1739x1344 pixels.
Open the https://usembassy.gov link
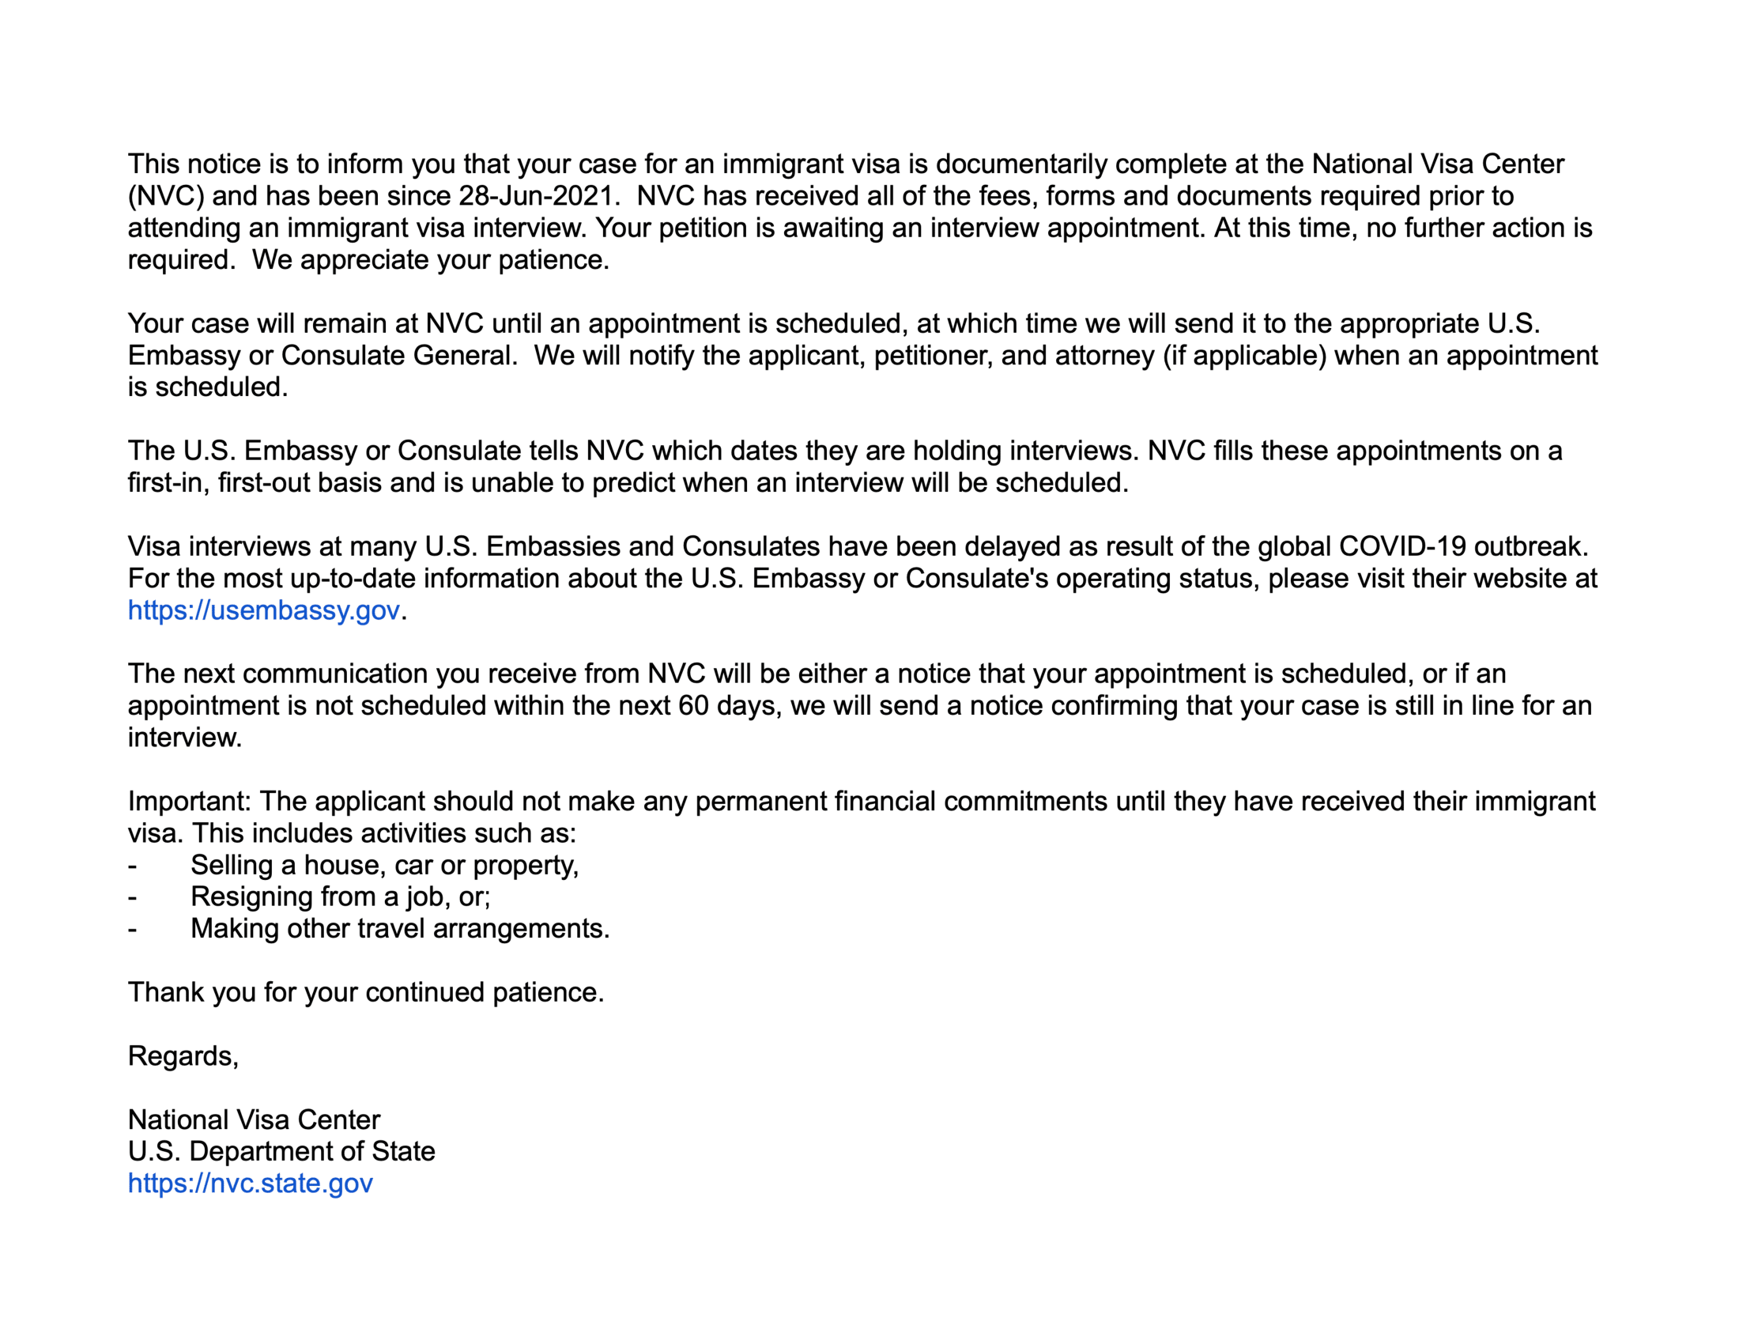pyautogui.click(x=263, y=610)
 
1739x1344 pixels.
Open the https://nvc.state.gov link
pyautogui.click(x=250, y=1184)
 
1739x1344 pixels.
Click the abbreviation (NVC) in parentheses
pyautogui.click(x=166, y=196)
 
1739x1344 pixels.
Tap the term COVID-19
pyautogui.click(x=1402, y=546)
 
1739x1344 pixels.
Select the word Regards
pyautogui.click(x=183, y=1055)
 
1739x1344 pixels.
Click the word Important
pyautogui.click(x=190, y=801)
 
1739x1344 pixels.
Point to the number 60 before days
pyautogui.click(x=692, y=705)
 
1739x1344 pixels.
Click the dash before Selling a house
pyautogui.click(x=132, y=866)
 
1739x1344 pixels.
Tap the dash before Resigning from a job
pyautogui.click(x=132, y=897)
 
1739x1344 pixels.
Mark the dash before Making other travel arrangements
pyautogui.click(x=132, y=929)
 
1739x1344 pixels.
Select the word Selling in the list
pyautogui.click(x=232, y=865)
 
